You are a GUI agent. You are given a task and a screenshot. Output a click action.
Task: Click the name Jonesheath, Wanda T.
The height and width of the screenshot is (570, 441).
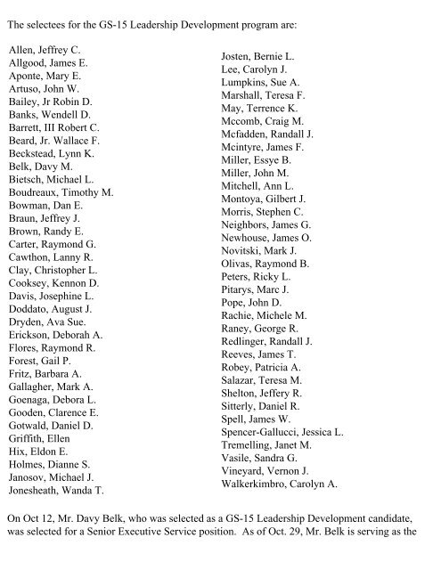coord(56,490)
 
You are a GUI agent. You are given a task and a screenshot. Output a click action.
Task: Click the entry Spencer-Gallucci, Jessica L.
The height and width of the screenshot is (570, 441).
coord(282,432)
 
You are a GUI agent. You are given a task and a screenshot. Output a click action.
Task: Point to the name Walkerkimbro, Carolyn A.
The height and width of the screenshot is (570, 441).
coord(279,484)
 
